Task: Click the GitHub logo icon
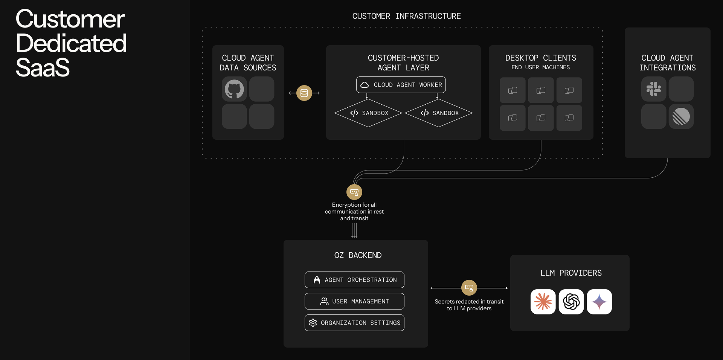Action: coord(234,89)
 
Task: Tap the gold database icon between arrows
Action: coord(304,93)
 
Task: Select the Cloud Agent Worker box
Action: coord(401,85)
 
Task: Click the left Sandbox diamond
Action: coord(368,113)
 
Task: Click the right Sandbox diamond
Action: coord(439,113)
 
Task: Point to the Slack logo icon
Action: coord(654,89)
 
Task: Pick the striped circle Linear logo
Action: coord(681,116)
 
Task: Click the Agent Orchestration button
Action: coord(354,280)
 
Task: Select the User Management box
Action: coord(354,301)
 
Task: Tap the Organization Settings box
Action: coord(354,323)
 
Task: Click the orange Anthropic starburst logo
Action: coord(543,302)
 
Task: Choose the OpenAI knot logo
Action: coord(571,302)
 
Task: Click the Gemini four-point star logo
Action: coord(599,302)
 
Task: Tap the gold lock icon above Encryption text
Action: coord(354,192)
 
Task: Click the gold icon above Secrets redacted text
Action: coord(469,288)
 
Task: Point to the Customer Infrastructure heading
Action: coord(406,16)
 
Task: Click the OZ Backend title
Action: coord(358,255)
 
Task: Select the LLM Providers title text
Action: coord(571,273)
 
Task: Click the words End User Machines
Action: coord(540,67)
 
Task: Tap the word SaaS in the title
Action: coord(43,68)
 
